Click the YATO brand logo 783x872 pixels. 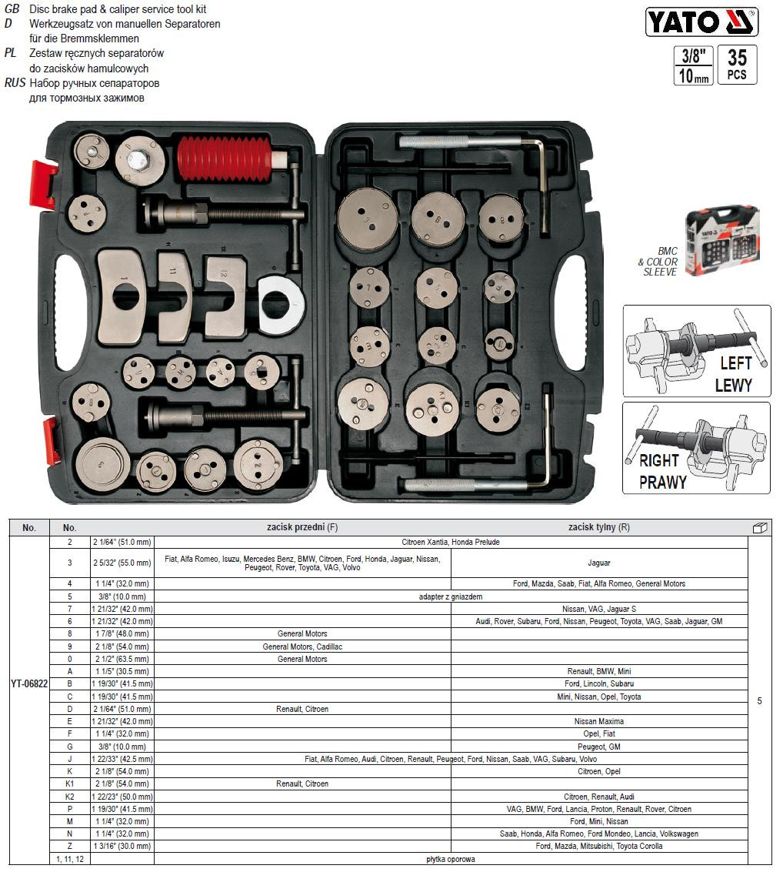pos(701,22)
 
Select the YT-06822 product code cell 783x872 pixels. pos(29,683)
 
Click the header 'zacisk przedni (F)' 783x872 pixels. pos(302,527)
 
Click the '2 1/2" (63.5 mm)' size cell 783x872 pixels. pos(122,659)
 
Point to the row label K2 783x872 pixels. pos(70,797)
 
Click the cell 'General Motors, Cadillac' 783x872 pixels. pos(302,646)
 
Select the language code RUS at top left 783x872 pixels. pos(15,83)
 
